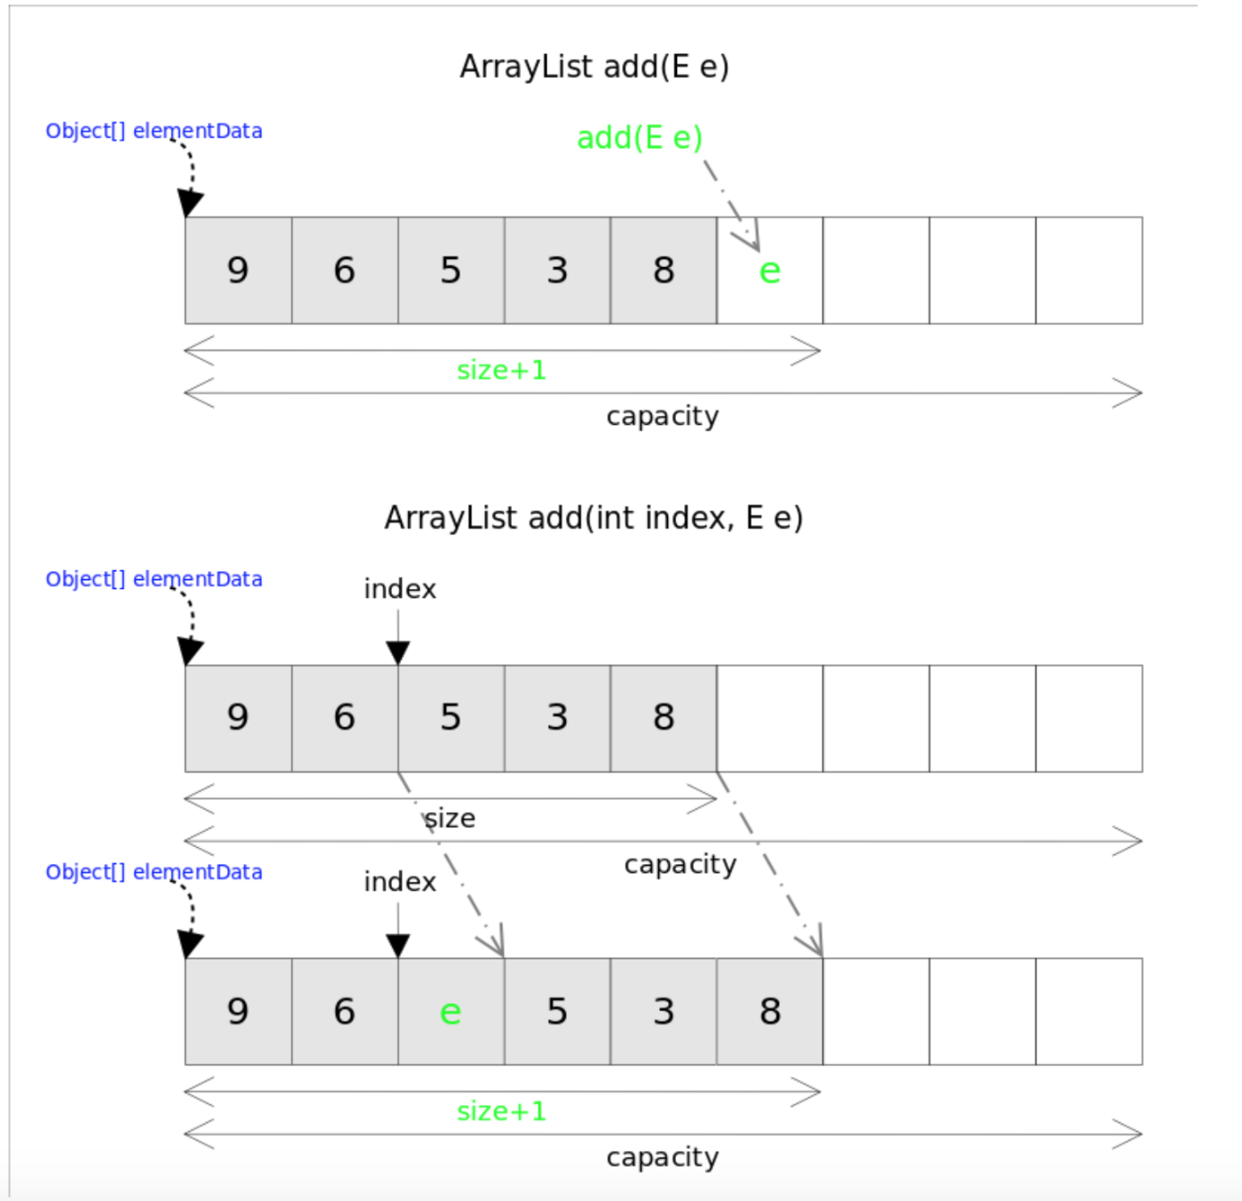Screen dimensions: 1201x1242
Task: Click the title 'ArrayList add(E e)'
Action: (x=593, y=67)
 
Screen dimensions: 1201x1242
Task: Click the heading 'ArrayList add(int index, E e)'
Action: (x=593, y=517)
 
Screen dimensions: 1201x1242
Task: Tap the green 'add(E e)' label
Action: (x=640, y=137)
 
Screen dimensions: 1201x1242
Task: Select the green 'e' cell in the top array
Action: (x=769, y=271)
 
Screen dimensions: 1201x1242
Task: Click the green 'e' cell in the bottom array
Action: (x=451, y=1011)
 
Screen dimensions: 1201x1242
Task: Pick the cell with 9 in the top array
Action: (x=238, y=271)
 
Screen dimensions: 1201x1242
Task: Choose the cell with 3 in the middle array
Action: (x=557, y=718)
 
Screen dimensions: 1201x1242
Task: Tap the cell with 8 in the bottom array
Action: (x=769, y=1011)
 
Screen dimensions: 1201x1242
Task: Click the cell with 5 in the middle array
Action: (x=451, y=718)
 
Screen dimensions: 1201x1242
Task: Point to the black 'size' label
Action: (x=450, y=818)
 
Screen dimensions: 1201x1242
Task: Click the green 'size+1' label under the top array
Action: (x=501, y=370)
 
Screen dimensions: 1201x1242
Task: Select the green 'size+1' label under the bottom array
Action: (x=501, y=1111)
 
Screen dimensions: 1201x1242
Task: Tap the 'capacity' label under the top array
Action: (x=663, y=416)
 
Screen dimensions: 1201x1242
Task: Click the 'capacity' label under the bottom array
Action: (x=663, y=1157)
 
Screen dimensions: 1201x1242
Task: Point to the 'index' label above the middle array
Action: (x=399, y=589)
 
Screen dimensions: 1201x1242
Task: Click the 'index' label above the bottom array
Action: (x=399, y=882)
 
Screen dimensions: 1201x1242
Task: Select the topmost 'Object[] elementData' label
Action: (x=153, y=130)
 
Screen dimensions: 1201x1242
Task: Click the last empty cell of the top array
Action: (x=1089, y=271)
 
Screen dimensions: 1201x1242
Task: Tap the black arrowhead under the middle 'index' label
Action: (x=398, y=654)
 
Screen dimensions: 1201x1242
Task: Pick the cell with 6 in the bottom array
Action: (x=344, y=1011)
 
